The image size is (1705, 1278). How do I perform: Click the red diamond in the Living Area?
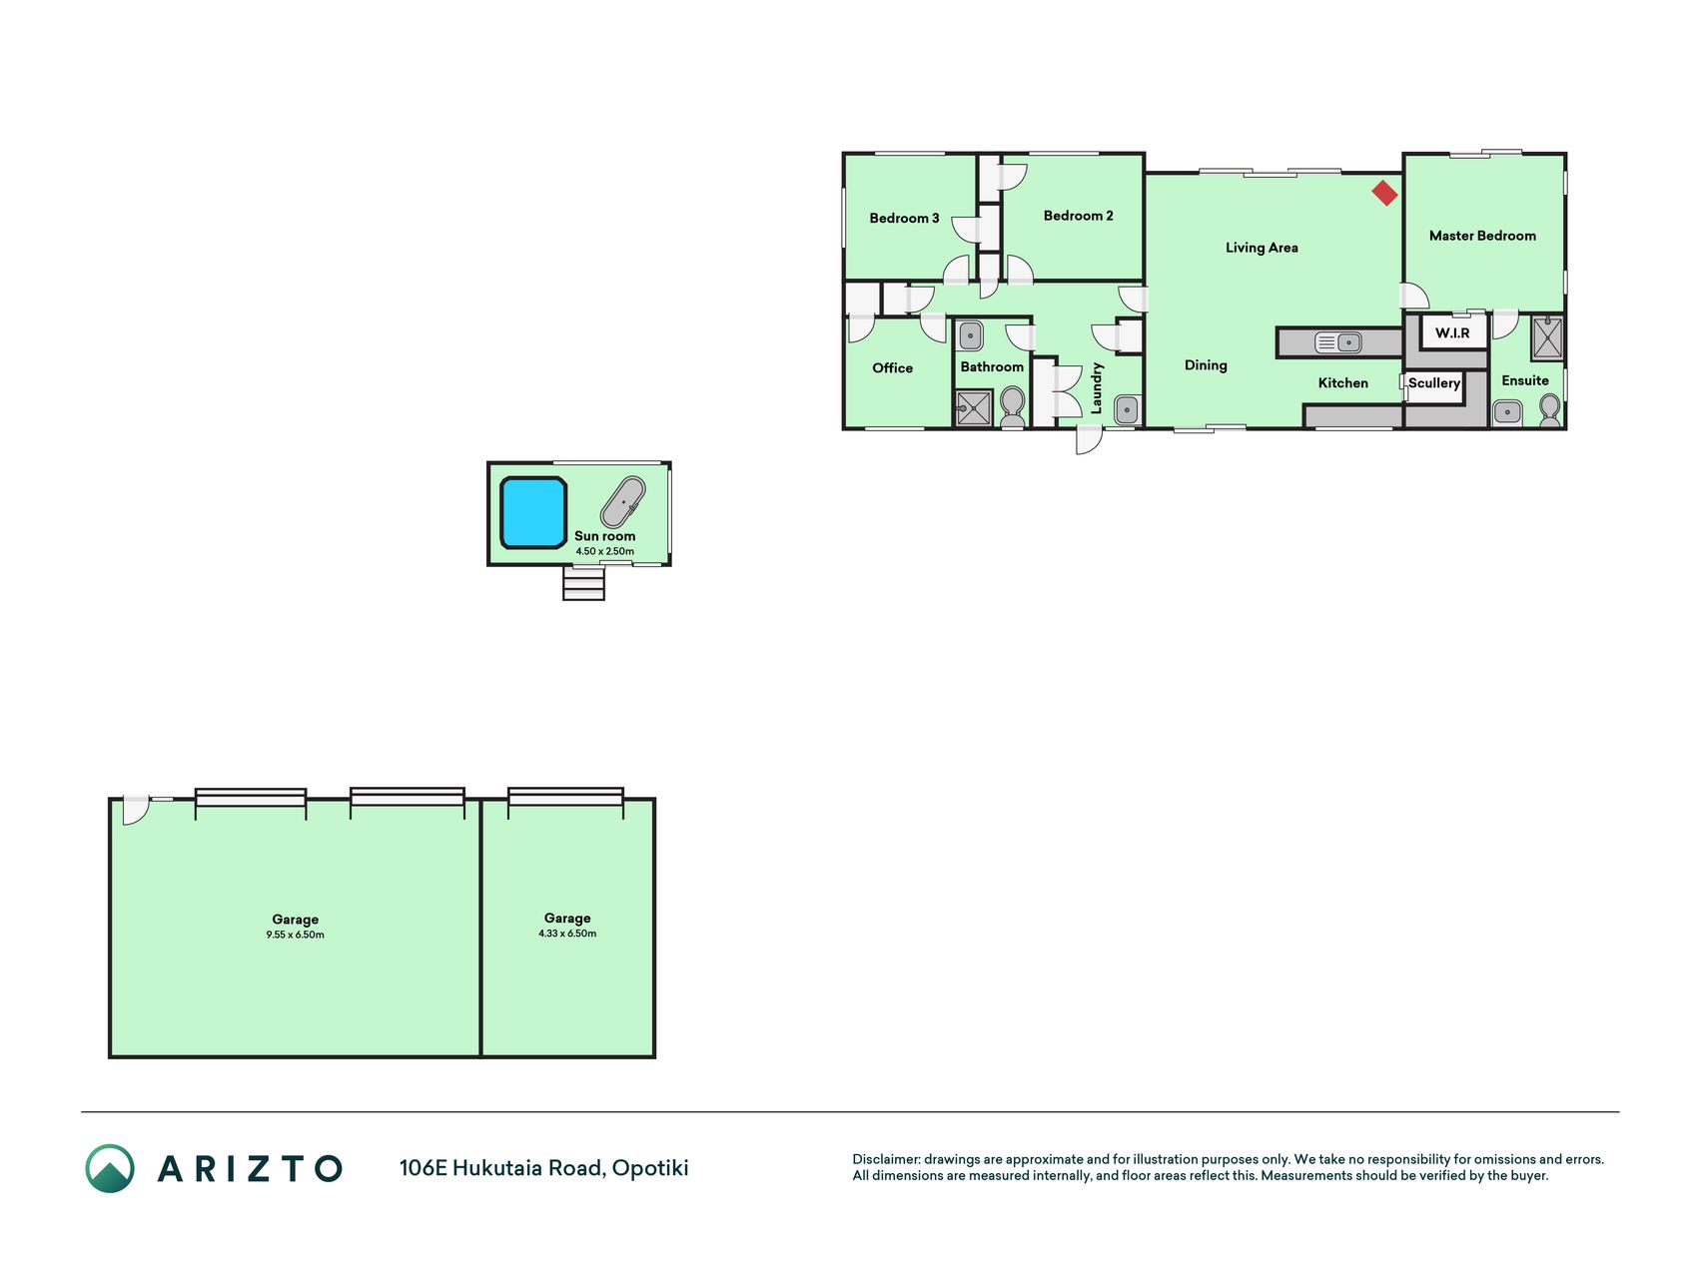click(1384, 193)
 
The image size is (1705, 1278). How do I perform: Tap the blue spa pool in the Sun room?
click(533, 513)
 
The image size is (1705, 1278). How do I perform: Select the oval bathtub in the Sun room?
click(622, 502)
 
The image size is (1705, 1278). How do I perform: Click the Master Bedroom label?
click(1482, 236)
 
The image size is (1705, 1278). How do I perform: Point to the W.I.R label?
click(1452, 332)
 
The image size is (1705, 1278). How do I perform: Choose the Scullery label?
click(1434, 382)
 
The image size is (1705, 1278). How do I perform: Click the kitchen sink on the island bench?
click(1338, 342)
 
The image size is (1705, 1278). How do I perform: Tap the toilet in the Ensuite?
click(1549, 410)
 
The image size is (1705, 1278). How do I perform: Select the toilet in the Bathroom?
click(1012, 406)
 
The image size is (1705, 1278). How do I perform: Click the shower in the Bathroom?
click(974, 408)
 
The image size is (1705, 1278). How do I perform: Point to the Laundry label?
click(1097, 388)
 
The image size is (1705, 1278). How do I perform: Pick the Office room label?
click(892, 367)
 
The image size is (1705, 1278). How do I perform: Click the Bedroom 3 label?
click(904, 218)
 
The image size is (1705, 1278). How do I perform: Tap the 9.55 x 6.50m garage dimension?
click(295, 935)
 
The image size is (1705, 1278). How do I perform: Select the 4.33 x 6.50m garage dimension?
click(567, 934)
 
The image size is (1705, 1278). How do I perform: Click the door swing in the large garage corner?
click(136, 811)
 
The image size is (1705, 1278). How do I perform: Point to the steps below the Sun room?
click(583, 583)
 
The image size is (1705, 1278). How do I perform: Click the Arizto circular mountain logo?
click(110, 1168)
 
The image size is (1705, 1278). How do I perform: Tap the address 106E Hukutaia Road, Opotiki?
click(543, 1167)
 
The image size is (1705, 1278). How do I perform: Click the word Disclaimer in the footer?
click(885, 1159)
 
